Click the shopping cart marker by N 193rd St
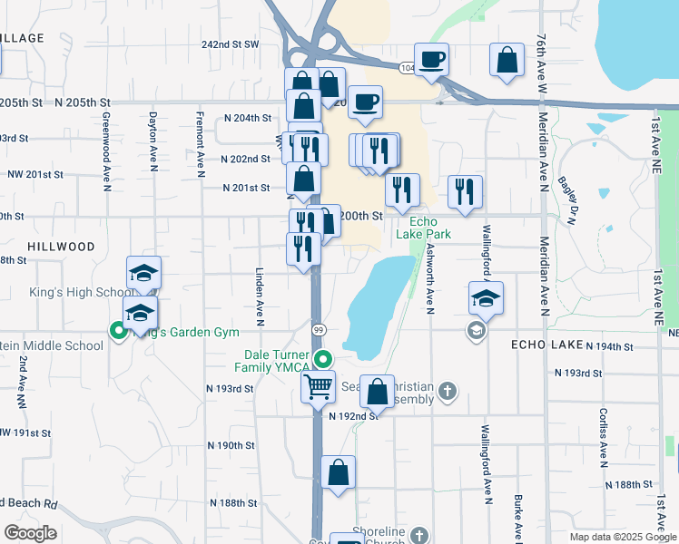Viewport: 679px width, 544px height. [319, 387]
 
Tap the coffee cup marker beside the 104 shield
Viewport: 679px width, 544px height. [432, 60]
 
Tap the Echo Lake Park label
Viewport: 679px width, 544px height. [417, 228]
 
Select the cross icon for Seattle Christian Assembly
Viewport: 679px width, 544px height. [446, 392]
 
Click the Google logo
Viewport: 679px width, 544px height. [30, 533]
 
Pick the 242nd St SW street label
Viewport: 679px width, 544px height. [231, 44]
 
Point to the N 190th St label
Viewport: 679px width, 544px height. [230, 446]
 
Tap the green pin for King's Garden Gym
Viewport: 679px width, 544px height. [118, 331]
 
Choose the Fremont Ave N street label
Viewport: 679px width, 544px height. [201, 139]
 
